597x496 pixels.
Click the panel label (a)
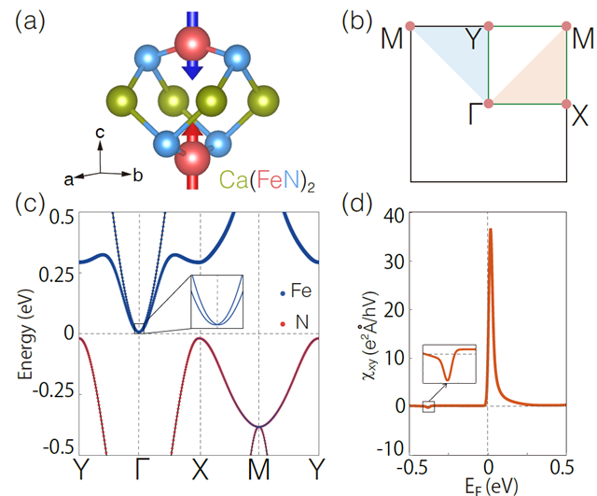pos(26,20)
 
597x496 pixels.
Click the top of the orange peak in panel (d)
pos(491,231)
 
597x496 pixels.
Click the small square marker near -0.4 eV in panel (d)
pos(428,406)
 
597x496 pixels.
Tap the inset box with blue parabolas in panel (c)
pos(216,301)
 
